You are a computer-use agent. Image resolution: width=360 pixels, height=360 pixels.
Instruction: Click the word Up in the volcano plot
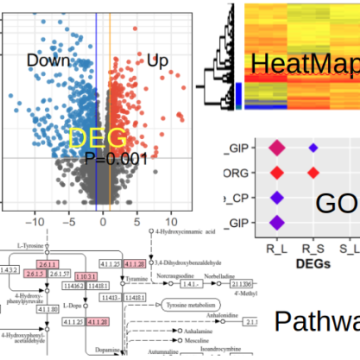pos(158,61)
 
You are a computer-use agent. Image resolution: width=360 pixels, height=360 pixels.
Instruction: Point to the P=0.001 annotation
pos(116,159)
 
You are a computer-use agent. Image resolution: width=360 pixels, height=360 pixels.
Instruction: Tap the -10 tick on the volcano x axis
pos(37,222)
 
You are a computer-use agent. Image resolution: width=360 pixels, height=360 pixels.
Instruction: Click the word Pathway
pos(316,321)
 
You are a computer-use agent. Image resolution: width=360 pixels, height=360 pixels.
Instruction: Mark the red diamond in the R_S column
pos(314,173)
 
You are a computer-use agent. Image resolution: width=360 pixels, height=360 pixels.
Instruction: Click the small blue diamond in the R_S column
pos(314,149)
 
